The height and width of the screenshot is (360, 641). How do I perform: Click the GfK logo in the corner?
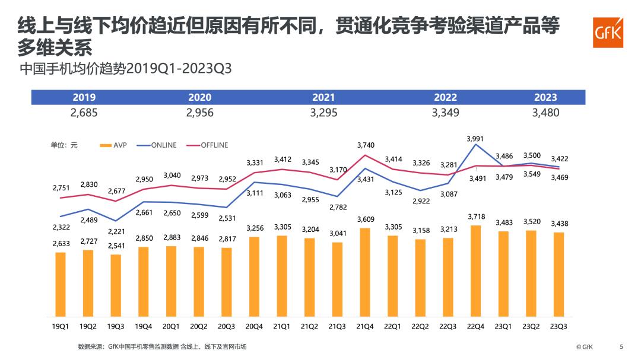point(608,32)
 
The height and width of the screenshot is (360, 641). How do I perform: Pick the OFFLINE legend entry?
point(207,145)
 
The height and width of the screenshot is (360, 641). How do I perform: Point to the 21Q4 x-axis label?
point(364,326)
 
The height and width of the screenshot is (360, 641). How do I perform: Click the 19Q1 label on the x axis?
point(60,326)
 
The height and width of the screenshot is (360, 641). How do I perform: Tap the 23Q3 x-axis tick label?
point(559,326)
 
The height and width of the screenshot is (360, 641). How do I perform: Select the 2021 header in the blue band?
point(323,98)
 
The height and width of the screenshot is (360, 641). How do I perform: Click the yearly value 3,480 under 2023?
point(545,113)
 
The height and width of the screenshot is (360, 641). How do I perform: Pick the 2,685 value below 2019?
point(84,113)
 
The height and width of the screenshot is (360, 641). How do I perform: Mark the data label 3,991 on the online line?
point(475,139)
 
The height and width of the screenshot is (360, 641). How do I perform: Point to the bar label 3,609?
point(365,219)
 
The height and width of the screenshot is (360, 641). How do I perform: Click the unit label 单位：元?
point(64,145)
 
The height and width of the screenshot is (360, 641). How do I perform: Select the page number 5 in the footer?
point(621,346)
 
